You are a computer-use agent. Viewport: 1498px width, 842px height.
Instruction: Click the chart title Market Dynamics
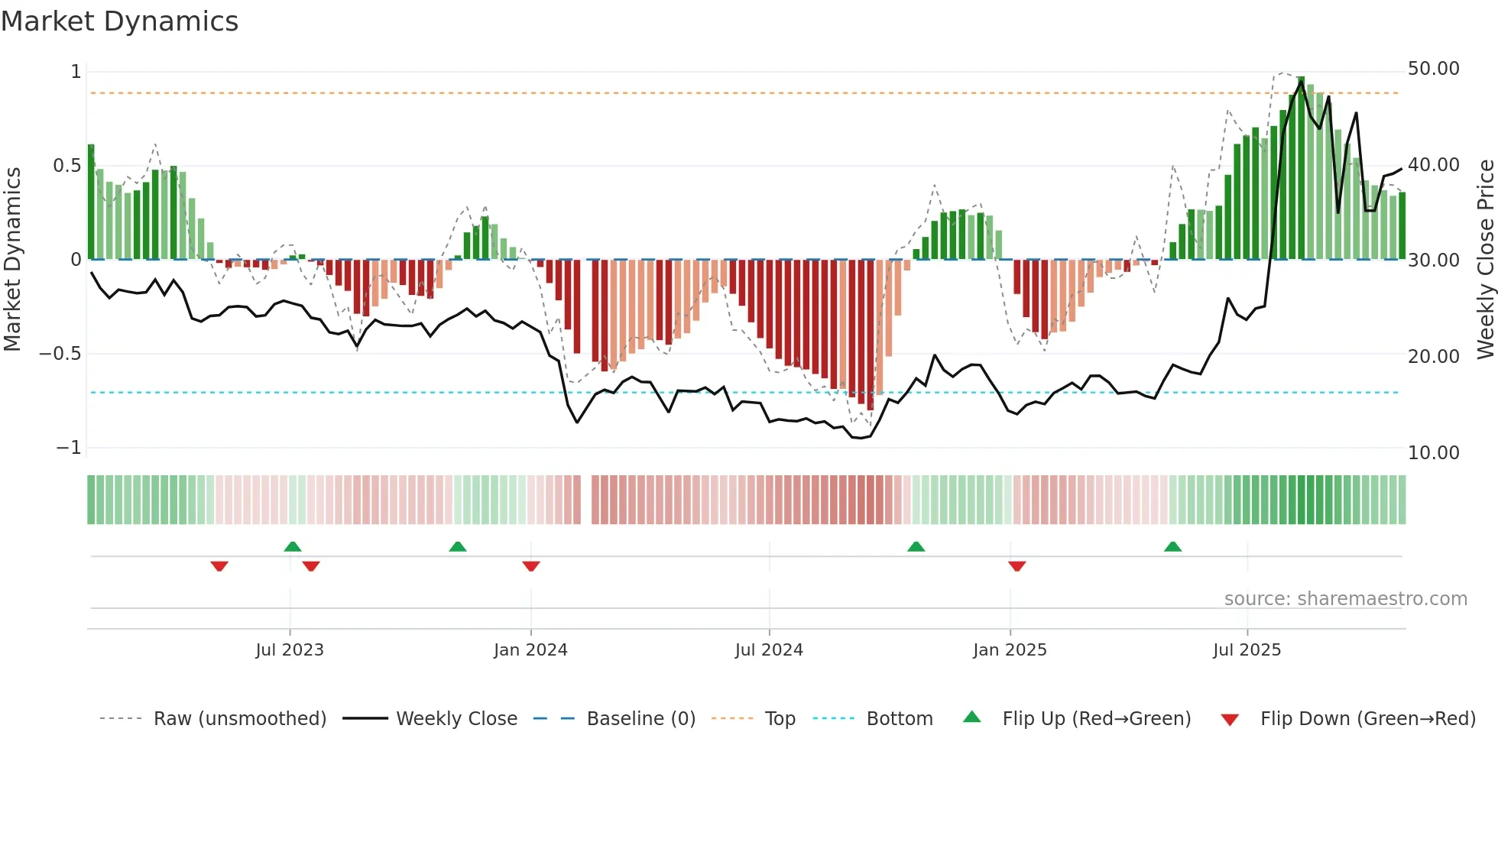pyautogui.click(x=119, y=21)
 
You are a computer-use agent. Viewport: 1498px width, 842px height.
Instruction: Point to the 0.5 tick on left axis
pyautogui.click(x=66, y=166)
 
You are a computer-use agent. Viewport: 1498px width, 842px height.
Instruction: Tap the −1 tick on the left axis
pyautogui.click(x=68, y=448)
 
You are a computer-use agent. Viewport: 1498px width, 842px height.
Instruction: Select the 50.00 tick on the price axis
pyautogui.click(x=1433, y=69)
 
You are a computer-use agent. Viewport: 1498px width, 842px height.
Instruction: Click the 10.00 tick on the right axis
pyautogui.click(x=1433, y=453)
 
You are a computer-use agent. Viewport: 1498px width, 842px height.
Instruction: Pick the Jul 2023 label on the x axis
pyautogui.click(x=290, y=650)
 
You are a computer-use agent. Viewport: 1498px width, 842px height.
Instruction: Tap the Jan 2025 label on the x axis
pyautogui.click(x=1010, y=650)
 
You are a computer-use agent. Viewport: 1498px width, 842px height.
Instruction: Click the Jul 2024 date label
pyautogui.click(x=769, y=650)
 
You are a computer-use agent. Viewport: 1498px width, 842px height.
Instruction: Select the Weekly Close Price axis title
pyautogui.click(x=1485, y=260)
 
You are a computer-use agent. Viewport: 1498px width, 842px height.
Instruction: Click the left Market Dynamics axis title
pyautogui.click(x=12, y=260)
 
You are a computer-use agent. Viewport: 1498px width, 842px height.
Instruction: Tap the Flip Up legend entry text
pyautogui.click(x=1096, y=719)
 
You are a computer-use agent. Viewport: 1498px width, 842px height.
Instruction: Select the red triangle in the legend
pyautogui.click(x=1230, y=720)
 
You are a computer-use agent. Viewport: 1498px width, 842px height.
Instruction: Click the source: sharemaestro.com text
pyautogui.click(x=1345, y=599)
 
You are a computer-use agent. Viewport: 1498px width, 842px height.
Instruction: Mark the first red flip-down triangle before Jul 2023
pyautogui.click(x=219, y=566)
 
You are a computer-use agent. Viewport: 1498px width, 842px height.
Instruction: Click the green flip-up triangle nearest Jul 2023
pyautogui.click(x=293, y=546)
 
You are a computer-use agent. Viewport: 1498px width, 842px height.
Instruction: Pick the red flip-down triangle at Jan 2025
pyautogui.click(x=1016, y=566)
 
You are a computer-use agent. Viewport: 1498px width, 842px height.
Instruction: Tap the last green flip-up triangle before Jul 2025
pyautogui.click(x=1172, y=546)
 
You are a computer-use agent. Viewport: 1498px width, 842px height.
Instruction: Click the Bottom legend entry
pyautogui.click(x=899, y=719)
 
